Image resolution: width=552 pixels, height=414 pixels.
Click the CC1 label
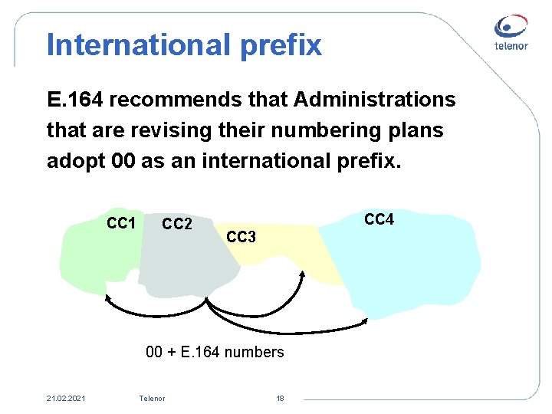pos(122,224)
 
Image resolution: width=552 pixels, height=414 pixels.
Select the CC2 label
pos(177,225)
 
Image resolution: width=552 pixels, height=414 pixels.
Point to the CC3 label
pos(241,237)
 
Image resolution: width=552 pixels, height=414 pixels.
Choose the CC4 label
pos(379,220)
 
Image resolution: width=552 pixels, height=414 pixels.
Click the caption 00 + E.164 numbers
pos(215,353)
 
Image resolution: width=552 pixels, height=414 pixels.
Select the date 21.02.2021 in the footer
pos(66,398)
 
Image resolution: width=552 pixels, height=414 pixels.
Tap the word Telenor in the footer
pos(152,398)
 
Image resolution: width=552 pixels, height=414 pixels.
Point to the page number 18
pos(280,398)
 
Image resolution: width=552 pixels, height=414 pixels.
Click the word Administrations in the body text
pos(375,100)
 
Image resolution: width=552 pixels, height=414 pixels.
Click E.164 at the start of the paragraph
pos(76,100)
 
